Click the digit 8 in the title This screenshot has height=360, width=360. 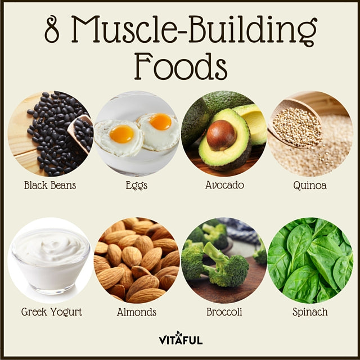point(52,29)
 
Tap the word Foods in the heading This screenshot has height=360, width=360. point(181,66)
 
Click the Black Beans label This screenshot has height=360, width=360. point(50,185)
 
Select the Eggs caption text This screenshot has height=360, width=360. point(136,186)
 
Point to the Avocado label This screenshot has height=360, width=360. point(224,185)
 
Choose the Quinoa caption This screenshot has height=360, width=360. point(310,186)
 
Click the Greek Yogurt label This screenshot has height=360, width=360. point(51,312)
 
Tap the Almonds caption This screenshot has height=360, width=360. point(137,312)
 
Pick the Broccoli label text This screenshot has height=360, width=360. point(224,312)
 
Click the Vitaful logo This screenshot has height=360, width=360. point(181,338)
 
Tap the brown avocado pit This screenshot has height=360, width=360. point(221,135)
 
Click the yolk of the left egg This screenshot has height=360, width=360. point(121,134)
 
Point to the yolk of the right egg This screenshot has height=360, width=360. point(160,121)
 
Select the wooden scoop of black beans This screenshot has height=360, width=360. point(81,133)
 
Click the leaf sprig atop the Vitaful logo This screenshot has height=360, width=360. point(178,334)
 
